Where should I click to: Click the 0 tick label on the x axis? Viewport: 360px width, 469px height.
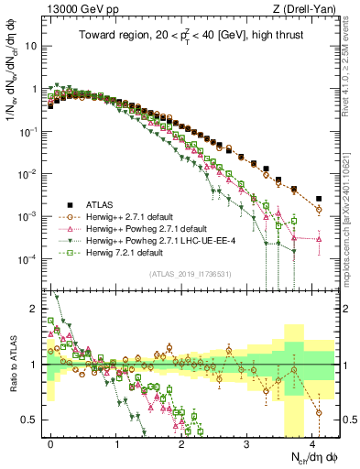coord(50,442)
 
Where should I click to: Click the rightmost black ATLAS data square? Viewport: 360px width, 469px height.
coord(319,199)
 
